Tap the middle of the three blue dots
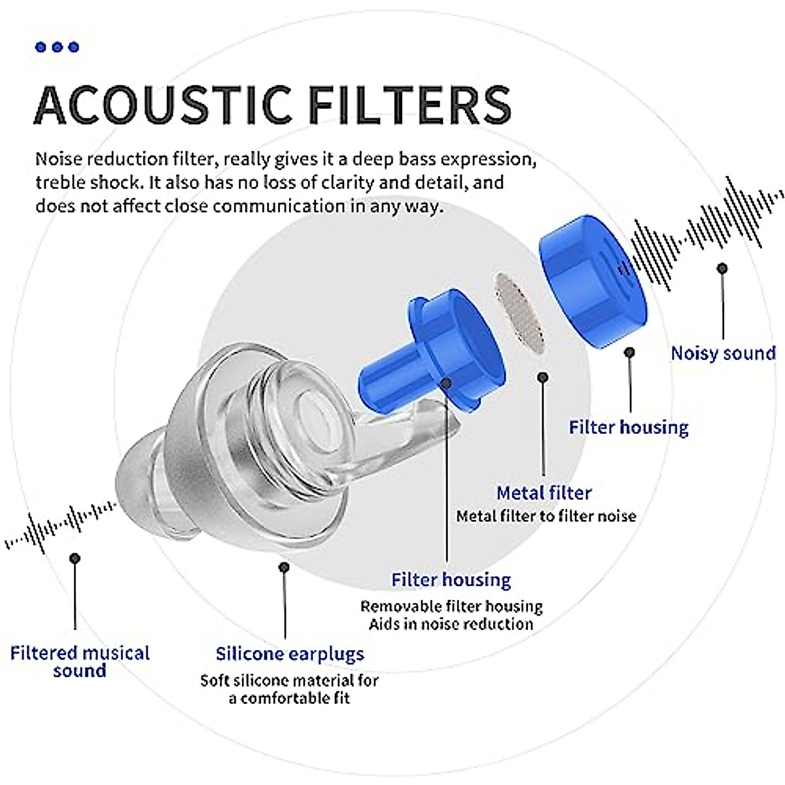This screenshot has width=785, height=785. click(x=58, y=47)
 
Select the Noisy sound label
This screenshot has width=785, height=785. click(x=723, y=353)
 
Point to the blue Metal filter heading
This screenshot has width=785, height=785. click(x=544, y=493)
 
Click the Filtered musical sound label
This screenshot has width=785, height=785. click(x=80, y=661)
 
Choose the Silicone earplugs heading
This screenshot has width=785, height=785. click(x=290, y=654)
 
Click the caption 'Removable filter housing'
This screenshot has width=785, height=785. click(x=451, y=606)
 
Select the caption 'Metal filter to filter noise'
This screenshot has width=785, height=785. click(x=546, y=516)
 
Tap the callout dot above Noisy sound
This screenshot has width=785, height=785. click(x=722, y=268)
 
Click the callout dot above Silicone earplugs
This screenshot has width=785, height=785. click(x=284, y=567)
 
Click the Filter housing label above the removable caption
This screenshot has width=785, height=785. click(x=451, y=580)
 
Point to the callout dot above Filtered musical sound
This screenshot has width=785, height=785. click(x=75, y=558)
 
